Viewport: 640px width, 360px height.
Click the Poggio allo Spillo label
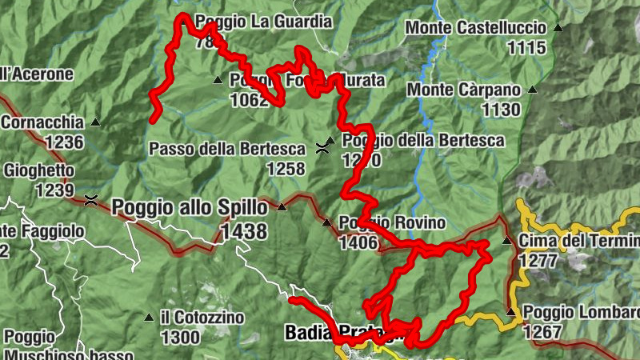tap(190, 206)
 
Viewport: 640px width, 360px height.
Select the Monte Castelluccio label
tap(475, 28)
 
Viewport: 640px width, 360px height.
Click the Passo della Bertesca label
tap(227, 149)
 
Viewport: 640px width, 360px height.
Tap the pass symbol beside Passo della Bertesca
tap(322, 147)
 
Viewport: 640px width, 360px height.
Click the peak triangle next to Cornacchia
tap(95, 122)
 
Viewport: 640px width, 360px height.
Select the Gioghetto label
tap(39, 170)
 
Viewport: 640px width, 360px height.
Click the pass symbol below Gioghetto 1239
tap(92, 199)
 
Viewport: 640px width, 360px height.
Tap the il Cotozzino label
tap(202, 318)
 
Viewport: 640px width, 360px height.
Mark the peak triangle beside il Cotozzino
tap(148, 318)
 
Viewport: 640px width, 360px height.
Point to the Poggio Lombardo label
tap(581, 312)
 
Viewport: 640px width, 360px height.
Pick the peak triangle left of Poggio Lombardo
tap(510, 312)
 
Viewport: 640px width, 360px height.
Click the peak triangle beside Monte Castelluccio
tap(558, 28)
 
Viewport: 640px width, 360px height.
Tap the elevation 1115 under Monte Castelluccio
tap(526, 48)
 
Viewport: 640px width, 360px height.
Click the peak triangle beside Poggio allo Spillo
tap(281, 206)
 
